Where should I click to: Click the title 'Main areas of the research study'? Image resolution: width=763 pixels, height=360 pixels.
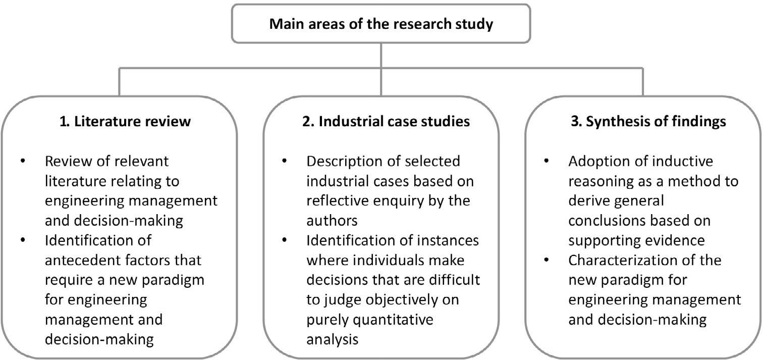(381, 24)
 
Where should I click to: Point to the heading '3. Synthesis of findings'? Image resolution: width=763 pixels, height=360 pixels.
(643, 122)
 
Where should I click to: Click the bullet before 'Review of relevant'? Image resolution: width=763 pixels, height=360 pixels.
(22, 162)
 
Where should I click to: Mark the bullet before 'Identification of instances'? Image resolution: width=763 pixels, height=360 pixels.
(284, 241)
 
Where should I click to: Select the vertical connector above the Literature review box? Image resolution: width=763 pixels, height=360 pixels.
(119, 81)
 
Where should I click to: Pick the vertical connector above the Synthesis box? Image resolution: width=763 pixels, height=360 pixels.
(643, 81)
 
